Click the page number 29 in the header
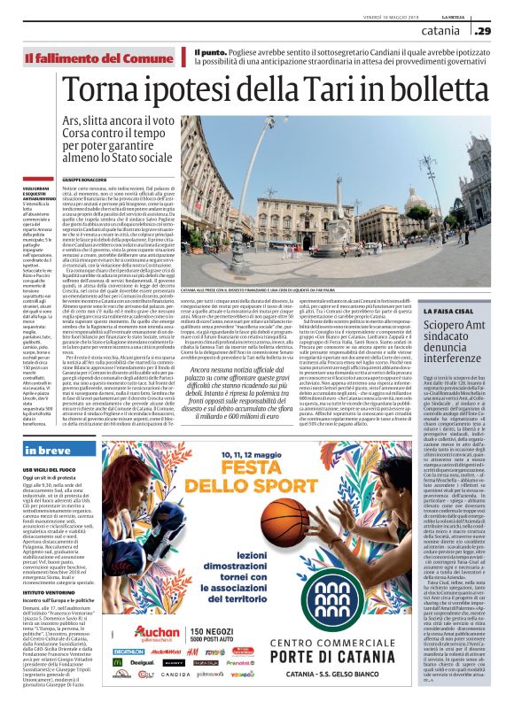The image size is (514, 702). [x=484, y=32]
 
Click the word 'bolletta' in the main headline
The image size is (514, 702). [x=431, y=90]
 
